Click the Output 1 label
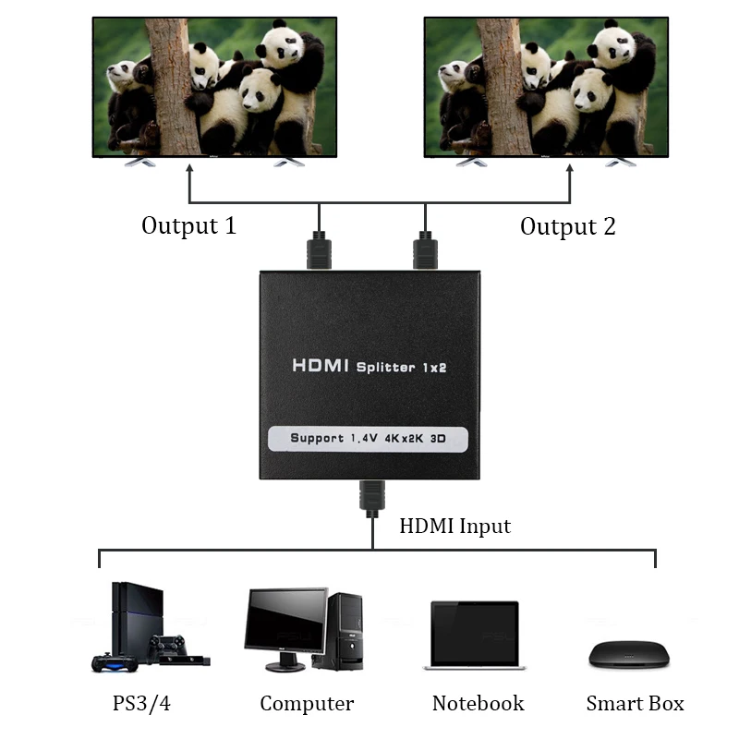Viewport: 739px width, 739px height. click(188, 225)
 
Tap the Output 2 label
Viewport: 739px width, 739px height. click(567, 226)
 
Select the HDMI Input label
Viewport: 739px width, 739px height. click(454, 527)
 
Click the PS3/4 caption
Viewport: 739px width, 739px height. click(141, 703)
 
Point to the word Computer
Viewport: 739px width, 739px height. click(307, 704)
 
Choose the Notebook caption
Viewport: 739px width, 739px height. click(478, 704)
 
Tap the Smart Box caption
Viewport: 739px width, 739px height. click(635, 704)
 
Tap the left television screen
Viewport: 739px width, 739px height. click(213, 86)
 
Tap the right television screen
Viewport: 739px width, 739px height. click(545, 86)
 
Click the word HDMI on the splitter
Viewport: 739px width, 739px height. click(321, 366)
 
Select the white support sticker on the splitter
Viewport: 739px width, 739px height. click(368, 438)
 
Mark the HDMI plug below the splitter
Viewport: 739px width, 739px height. click(372, 498)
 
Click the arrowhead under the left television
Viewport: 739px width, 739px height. click(190, 170)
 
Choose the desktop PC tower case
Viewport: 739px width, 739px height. click(345, 632)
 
